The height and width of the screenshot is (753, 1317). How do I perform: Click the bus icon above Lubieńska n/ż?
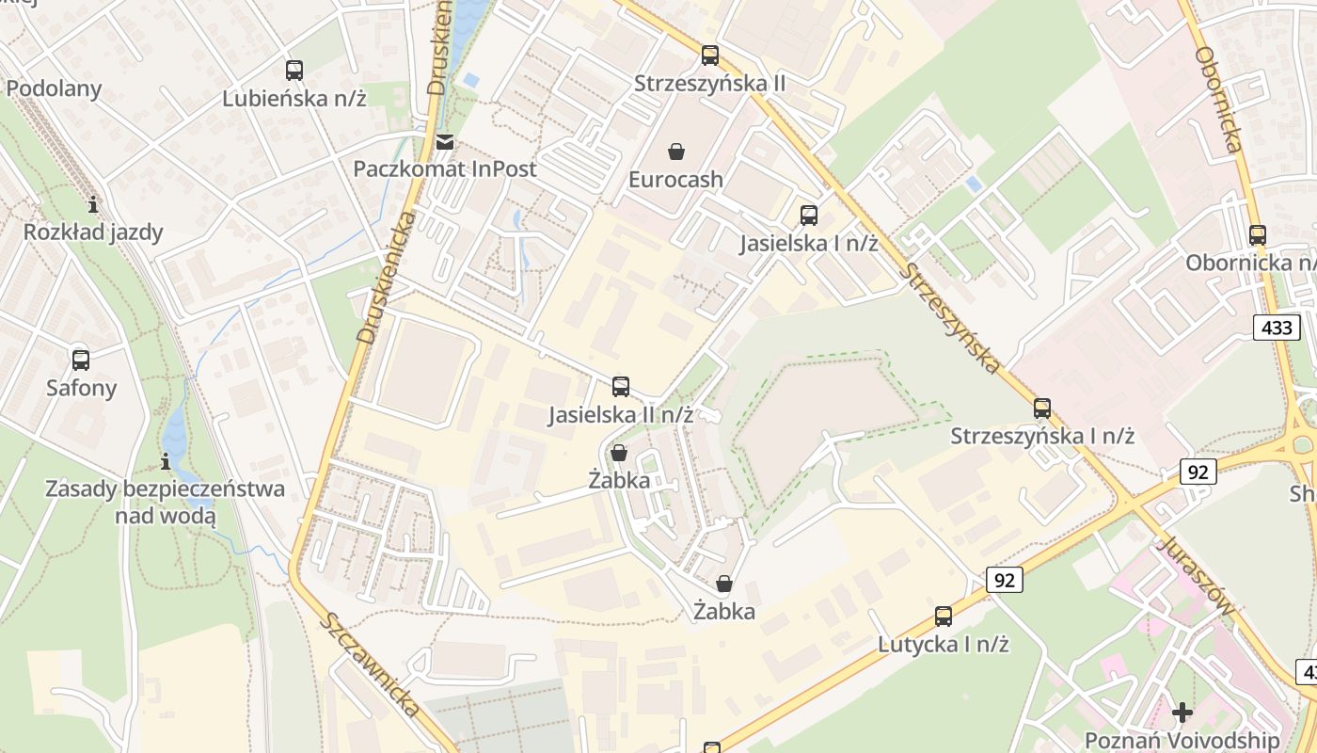tap(294, 70)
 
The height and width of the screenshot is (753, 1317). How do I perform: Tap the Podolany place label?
tap(54, 89)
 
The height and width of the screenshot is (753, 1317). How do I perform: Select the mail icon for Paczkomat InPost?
tap(445, 142)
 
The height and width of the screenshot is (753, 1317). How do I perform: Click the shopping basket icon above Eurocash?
tap(675, 152)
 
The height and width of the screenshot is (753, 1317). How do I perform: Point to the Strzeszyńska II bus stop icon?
tap(710, 56)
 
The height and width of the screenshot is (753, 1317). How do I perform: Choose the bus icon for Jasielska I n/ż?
tap(809, 216)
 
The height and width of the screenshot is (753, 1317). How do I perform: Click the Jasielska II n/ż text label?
tap(620, 415)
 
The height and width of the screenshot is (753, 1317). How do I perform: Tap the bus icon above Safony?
tap(81, 360)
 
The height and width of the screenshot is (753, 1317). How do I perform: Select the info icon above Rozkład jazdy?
tap(92, 204)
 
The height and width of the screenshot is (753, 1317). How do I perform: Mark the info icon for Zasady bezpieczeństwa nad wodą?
tap(166, 461)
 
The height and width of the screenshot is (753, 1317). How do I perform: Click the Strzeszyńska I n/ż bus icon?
tap(1042, 409)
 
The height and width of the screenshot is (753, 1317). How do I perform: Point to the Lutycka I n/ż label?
tap(943, 645)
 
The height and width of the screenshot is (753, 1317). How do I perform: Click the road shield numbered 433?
tap(1277, 327)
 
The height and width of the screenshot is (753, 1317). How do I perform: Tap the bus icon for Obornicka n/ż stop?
tap(1258, 235)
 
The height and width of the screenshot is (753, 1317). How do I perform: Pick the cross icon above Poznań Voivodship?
tap(1182, 713)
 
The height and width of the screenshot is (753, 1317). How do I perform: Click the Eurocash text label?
tap(675, 179)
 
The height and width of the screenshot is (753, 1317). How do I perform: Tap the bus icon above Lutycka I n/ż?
tap(944, 617)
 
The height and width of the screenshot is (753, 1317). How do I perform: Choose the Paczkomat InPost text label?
tap(444, 169)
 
